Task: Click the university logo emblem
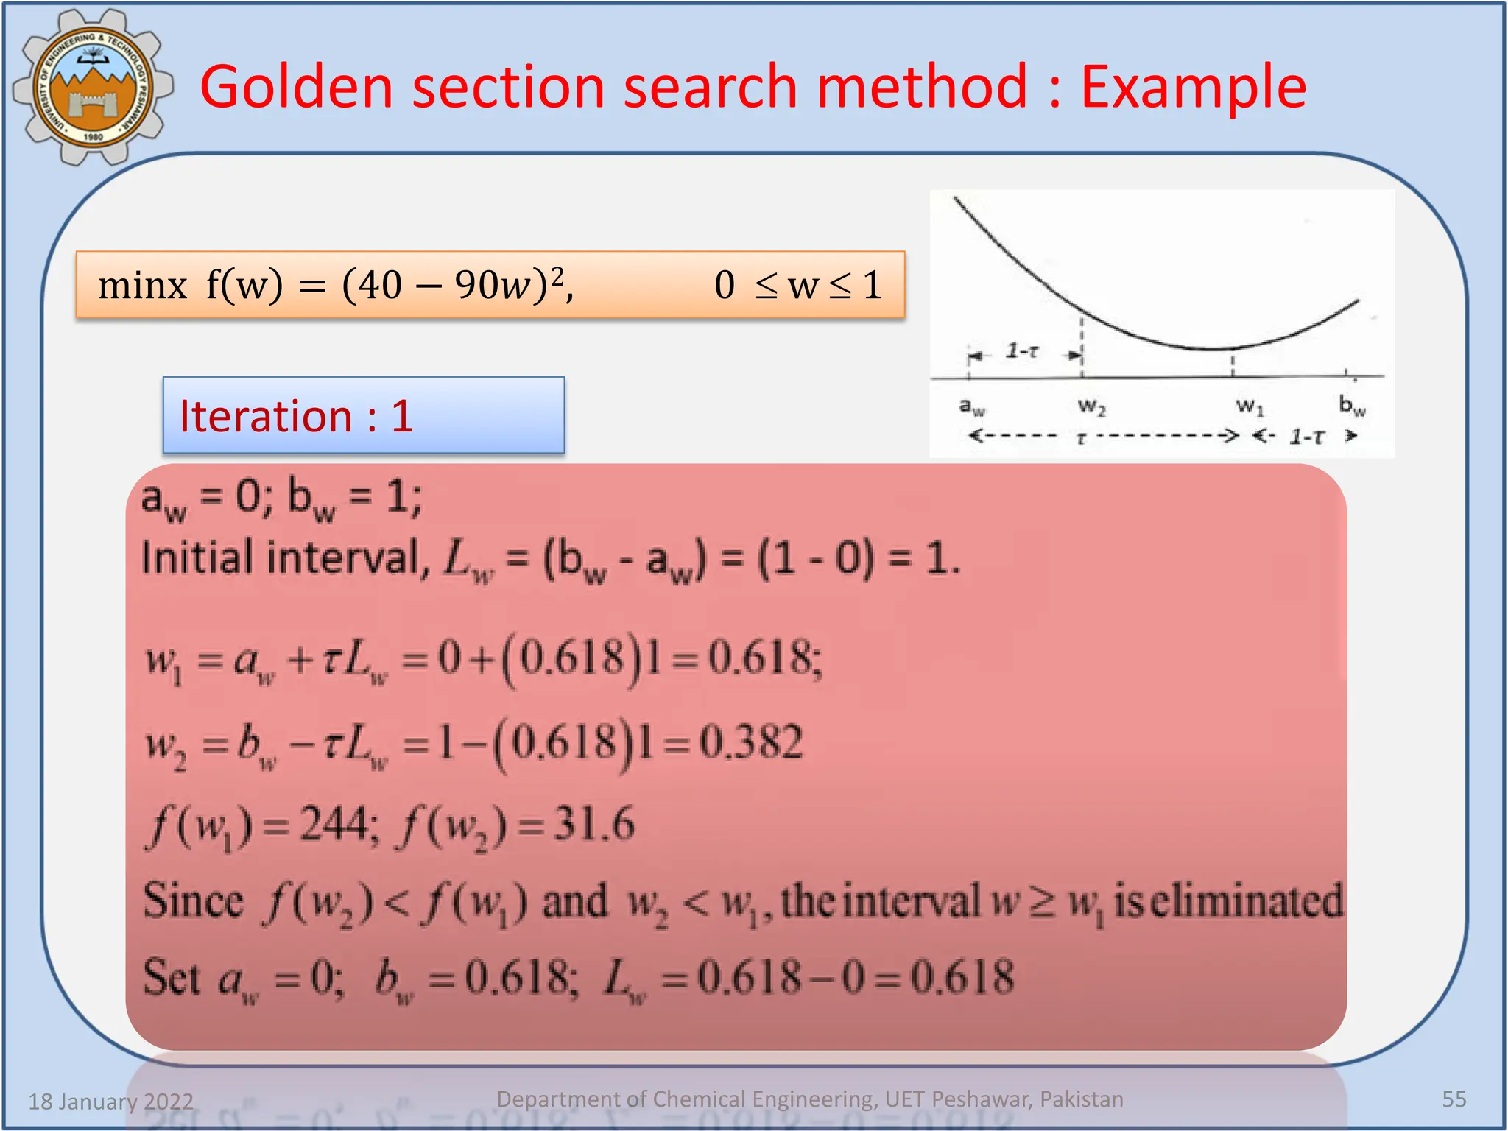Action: (x=93, y=87)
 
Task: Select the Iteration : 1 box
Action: (x=364, y=416)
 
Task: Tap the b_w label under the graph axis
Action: (x=1352, y=406)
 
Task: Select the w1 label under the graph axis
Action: (x=1250, y=406)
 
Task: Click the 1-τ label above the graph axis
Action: (x=1023, y=351)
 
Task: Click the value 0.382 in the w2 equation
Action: (x=751, y=742)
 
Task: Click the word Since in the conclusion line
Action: (x=193, y=901)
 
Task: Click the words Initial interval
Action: (x=280, y=557)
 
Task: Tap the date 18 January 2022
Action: (x=111, y=1102)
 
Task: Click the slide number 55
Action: (x=1454, y=1099)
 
